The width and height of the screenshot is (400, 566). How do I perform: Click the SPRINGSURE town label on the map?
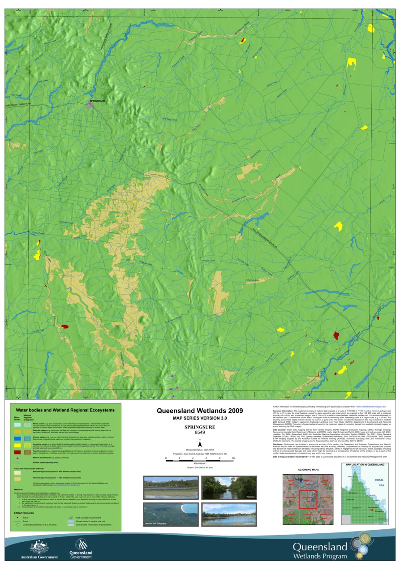(97, 102)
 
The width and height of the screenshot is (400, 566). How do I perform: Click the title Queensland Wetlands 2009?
(200, 411)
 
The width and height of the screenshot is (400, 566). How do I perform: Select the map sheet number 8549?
(200, 433)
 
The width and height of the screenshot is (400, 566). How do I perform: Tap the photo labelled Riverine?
(228, 488)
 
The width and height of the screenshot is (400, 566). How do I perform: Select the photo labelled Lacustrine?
(228, 514)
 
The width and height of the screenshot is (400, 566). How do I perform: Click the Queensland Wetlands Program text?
(320, 551)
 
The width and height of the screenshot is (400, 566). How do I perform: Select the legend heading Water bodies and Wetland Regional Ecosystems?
(65, 410)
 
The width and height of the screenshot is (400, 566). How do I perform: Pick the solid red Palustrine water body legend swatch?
(17, 452)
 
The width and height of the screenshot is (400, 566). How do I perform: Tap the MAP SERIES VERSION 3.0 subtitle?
(200, 418)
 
